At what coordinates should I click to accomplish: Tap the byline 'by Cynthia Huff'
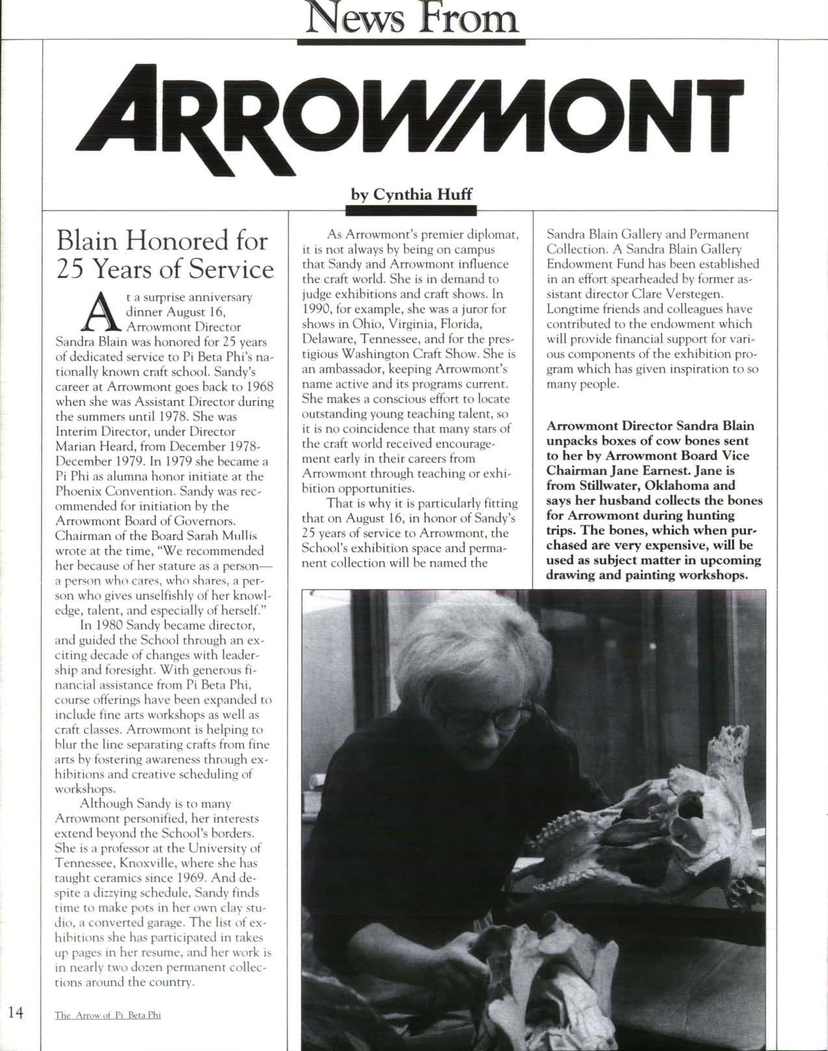coord(411,194)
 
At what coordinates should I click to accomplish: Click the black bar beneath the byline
coord(411,210)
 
